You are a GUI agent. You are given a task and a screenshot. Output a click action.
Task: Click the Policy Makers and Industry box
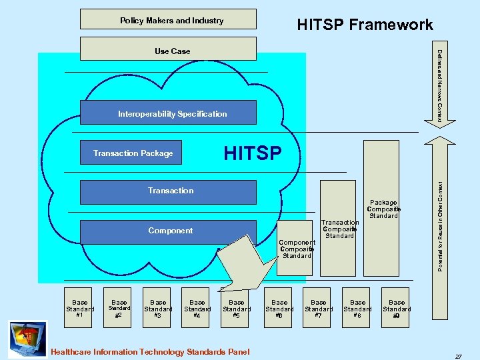click(167, 19)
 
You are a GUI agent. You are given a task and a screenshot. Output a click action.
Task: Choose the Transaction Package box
click(133, 153)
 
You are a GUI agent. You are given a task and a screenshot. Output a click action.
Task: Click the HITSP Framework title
click(364, 25)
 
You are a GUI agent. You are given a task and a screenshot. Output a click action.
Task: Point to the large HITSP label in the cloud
click(253, 153)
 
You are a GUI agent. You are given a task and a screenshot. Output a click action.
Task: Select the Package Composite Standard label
click(383, 209)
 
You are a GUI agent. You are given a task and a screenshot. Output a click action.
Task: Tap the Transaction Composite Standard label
click(340, 229)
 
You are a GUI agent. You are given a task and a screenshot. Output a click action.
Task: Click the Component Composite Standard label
click(297, 249)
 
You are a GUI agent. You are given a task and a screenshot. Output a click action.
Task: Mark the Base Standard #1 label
click(79, 309)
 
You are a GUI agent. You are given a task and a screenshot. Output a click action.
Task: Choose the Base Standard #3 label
click(158, 309)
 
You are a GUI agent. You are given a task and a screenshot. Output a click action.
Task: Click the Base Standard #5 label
click(237, 309)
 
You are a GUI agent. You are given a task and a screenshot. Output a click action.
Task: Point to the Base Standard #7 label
click(319, 309)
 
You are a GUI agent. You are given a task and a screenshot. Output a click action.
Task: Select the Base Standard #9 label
click(397, 309)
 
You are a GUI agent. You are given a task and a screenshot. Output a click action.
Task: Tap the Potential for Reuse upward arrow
click(441, 227)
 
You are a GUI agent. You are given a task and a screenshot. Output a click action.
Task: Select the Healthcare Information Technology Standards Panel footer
click(150, 351)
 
